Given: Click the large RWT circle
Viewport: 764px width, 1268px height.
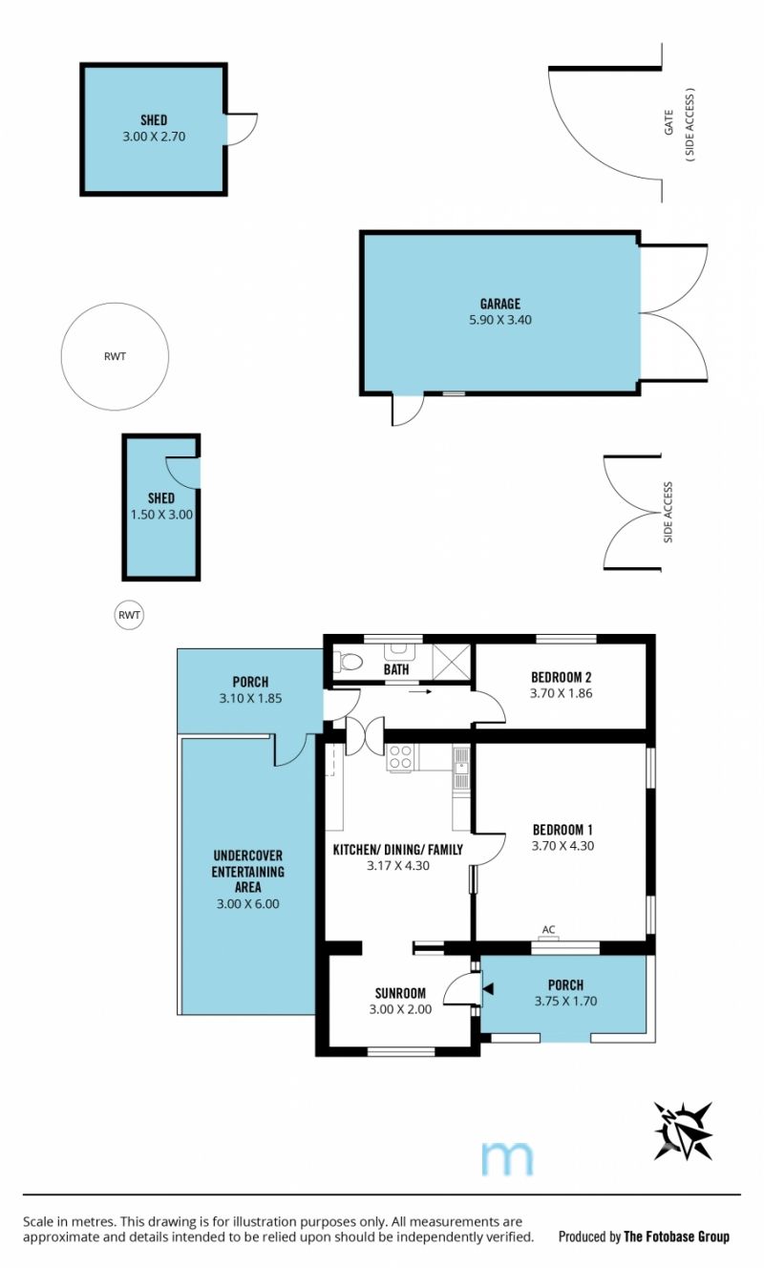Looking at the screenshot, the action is (x=61, y=357).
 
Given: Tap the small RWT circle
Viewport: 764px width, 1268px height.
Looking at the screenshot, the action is (x=115, y=615).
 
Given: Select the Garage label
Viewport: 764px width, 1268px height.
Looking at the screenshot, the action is (x=500, y=304).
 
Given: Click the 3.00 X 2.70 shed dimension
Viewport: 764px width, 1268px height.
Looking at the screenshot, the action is (x=154, y=137).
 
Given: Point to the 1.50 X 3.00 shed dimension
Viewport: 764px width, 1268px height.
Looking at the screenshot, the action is (x=162, y=515).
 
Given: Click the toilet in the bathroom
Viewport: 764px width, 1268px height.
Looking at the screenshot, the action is (x=349, y=661).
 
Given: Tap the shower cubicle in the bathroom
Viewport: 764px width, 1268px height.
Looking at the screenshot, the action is (x=452, y=661).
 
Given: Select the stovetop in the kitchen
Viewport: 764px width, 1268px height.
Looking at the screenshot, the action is (x=400, y=757).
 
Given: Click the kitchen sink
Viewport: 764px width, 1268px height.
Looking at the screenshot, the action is (x=461, y=768).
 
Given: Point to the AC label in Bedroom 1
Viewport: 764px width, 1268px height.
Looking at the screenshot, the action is (x=548, y=929).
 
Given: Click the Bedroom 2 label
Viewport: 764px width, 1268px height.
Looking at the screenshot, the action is (x=562, y=677).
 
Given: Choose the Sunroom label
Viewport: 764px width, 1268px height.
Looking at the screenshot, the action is (x=400, y=993).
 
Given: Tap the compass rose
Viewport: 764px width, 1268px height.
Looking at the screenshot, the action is (x=683, y=1131).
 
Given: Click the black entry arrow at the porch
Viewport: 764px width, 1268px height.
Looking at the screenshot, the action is (x=488, y=989).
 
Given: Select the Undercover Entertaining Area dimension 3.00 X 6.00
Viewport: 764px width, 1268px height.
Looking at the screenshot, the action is (x=248, y=904).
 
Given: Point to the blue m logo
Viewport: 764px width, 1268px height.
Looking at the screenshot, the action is (x=507, y=1159).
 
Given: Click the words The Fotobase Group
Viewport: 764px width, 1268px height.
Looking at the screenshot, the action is (x=676, y=1236).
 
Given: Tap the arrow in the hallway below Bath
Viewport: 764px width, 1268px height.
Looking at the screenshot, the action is (x=421, y=691).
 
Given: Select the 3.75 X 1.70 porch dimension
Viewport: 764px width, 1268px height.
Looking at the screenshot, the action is (x=565, y=1002).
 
